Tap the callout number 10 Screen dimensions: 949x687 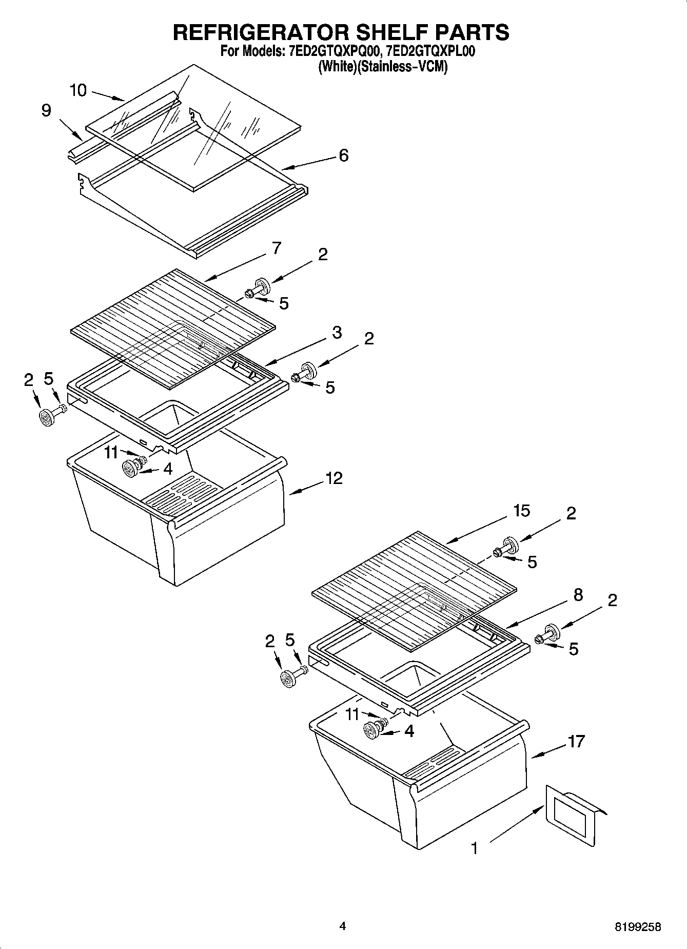[78, 91]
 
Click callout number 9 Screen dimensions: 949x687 [46, 110]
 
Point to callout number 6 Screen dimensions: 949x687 [343, 154]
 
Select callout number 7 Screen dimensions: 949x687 [276, 248]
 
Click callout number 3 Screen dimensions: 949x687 [337, 332]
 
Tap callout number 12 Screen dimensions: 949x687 [333, 478]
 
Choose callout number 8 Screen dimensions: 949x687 [578, 595]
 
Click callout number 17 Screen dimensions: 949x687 [576, 741]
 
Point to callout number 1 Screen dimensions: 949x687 [475, 848]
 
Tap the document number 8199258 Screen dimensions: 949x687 [638, 926]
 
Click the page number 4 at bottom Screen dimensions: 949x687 [343, 926]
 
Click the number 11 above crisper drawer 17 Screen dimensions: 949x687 [352, 714]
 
